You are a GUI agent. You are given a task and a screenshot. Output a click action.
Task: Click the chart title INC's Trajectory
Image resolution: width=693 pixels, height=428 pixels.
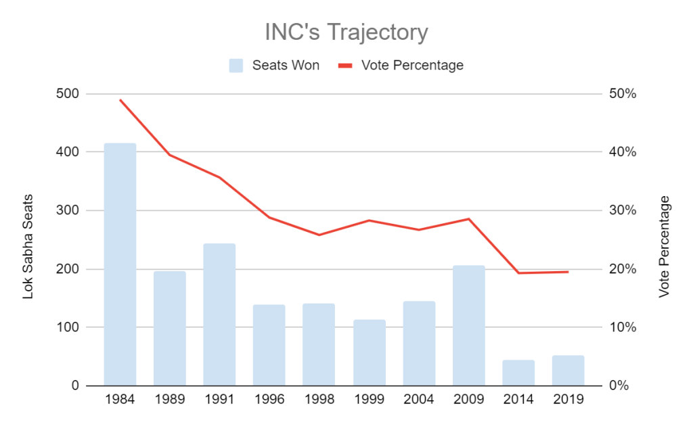click(346, 32)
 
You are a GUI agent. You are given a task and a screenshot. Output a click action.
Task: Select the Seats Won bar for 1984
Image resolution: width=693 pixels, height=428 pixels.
click(120, 264)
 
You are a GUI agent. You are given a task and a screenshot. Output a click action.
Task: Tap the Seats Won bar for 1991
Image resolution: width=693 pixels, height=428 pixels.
click(219, 314)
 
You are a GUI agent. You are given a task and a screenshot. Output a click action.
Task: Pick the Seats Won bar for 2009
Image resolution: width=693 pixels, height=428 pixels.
click(469, 325)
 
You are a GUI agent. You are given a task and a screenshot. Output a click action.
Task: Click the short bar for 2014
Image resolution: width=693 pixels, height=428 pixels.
click(518, 373)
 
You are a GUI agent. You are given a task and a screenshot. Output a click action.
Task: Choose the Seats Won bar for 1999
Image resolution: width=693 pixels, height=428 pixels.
click(370, 352)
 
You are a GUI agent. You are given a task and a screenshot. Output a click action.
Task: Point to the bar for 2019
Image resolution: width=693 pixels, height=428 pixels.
click(568, 371)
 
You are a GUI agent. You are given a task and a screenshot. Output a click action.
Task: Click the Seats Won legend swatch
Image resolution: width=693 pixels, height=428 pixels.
click(236, 66)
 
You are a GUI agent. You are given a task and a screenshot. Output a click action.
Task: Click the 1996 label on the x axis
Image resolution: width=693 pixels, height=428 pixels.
click(269, 399)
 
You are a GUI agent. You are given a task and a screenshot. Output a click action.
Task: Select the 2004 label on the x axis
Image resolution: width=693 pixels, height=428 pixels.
click(419, 399)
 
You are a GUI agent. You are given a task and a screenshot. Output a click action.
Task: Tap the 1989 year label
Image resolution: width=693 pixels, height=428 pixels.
click(170, 399)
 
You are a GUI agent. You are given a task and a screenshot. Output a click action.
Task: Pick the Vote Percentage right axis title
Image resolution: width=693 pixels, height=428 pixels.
click(664, 247)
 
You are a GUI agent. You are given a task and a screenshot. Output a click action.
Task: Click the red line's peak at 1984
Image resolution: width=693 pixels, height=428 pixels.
click(120, 100)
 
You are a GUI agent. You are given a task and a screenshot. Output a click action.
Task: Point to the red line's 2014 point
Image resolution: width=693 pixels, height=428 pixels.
click(518, 273)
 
